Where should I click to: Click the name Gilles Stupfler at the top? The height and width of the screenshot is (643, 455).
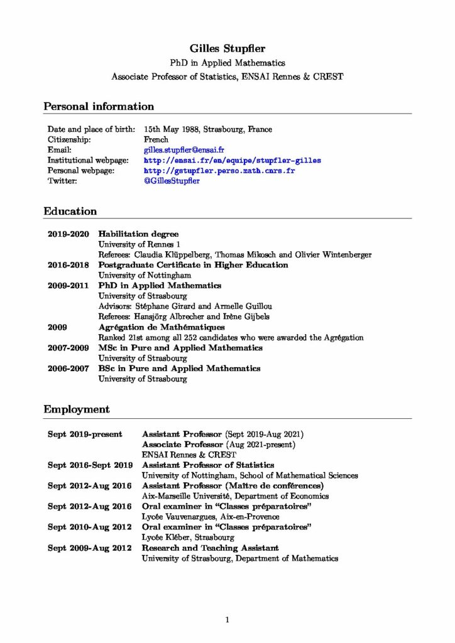227,48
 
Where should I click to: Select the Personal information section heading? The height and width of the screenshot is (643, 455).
99,107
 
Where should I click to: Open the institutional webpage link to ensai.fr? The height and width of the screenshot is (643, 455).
232,161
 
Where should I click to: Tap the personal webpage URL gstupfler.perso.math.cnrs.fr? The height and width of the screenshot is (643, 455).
219,171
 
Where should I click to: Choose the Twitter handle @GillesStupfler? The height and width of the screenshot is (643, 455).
172,181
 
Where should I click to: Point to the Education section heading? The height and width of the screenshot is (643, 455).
70,212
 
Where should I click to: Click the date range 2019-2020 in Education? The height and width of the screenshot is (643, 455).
68,234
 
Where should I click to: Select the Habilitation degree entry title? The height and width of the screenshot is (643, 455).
138,234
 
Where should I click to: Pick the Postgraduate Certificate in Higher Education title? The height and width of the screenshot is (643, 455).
193,265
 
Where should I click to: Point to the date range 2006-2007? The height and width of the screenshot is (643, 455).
68,369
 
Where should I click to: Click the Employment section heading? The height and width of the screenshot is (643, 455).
77,409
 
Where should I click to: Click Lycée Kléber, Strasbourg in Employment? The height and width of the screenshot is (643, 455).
188,538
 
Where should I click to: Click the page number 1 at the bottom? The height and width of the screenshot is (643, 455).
227,620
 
